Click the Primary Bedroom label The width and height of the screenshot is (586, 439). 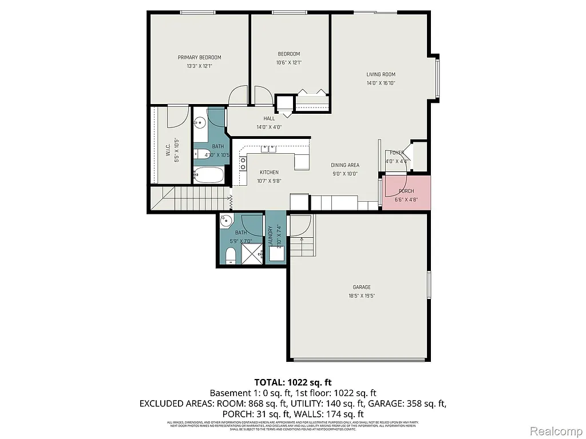(x=199, y=57)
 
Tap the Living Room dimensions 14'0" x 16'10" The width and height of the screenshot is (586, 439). (x=381, y=83)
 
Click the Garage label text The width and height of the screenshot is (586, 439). (x=361, y=287)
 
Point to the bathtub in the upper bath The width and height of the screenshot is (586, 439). (x=209, y=175)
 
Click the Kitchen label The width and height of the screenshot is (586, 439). (x=269, y=172)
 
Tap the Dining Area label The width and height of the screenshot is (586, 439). (x=345, y=165)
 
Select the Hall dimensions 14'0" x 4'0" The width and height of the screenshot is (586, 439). (x=269, y=127)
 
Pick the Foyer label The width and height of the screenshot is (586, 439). (x=397, y=153)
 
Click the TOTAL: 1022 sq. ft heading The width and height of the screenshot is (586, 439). (x=293, y=382)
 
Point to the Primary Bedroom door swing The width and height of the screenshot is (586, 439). (x=237, y=96)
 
